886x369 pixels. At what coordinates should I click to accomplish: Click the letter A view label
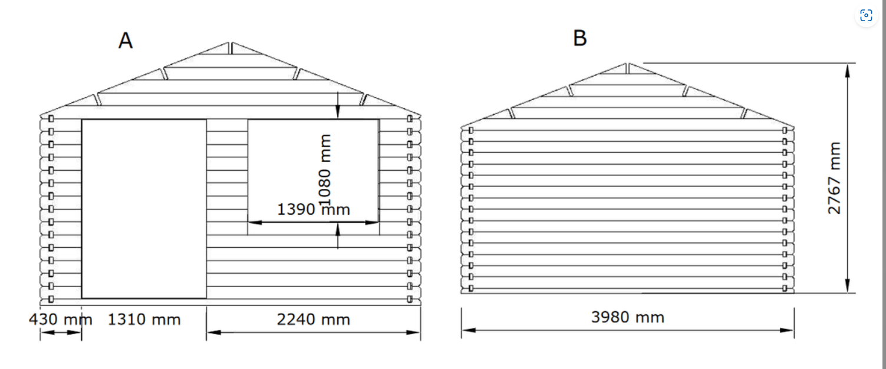point(126,41)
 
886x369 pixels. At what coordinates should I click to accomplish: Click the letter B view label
point(580,39)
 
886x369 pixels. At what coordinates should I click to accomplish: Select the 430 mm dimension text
point(61,320)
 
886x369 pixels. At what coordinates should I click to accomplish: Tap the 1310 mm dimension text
point(144,320)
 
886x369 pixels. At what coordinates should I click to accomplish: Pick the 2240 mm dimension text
point(313,320)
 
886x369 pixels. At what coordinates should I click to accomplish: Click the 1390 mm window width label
point(313,210)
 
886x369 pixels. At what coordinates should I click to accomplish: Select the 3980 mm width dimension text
point(627,318)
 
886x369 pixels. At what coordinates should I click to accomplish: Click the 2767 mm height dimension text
point(835,178)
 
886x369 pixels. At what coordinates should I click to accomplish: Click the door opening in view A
point(144,208)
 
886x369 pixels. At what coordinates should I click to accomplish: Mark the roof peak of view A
point(230,43)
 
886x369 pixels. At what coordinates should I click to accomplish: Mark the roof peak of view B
point(628,64)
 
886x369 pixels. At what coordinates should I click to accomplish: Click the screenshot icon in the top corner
point(866,16)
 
